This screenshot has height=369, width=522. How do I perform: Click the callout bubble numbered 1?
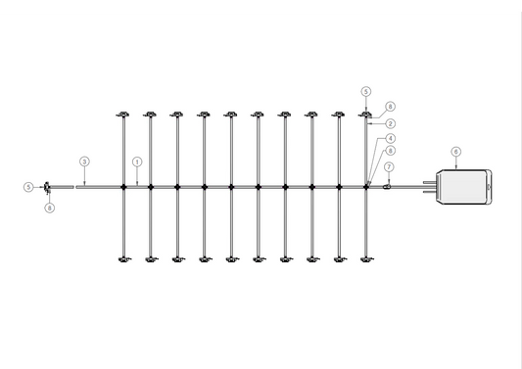(x=137, y=161)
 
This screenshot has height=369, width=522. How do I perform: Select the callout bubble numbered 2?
(x=391, y=124)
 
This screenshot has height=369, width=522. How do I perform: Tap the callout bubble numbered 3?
(x=84, y=161)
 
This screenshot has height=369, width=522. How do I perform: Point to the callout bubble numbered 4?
(x=391, y=139)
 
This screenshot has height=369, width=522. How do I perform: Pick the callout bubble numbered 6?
(x=456, y=152)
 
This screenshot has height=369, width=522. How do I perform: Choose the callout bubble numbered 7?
(x=389, y=167)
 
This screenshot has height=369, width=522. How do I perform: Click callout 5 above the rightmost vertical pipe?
(x=366, y=91)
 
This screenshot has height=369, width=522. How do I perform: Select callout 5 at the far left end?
(x=28, y=186)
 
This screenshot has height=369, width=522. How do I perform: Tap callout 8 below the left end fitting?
(x=50, y=207)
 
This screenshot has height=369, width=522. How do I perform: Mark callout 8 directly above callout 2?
(x=390, y=106)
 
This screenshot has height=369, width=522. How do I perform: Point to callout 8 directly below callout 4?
(x=391, y=151)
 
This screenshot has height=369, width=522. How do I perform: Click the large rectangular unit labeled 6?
(x=463, y=186)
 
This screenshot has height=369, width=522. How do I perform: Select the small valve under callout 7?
(x=388, y=184)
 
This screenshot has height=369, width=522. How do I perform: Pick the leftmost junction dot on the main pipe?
(x=123, y=186)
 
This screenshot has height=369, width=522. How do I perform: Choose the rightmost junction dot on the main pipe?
(x=366, y=186)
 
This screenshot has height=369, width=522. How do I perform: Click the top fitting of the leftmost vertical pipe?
(x=123, y=115)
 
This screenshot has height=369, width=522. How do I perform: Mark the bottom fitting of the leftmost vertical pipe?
(x=123, y=259)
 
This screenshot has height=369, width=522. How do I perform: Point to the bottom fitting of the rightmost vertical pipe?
(x=366, y=259)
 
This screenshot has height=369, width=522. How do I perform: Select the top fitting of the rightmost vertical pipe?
(x=366, y=115)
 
